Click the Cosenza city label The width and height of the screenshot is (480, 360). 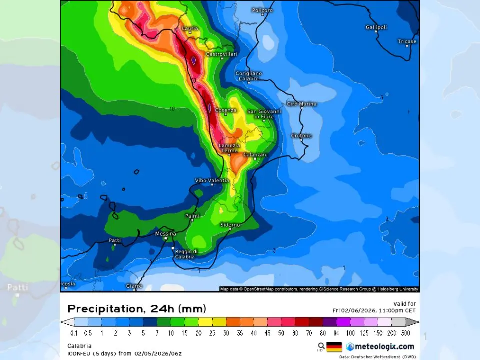[x=225, y=110]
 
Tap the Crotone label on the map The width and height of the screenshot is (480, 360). [x=301, y=135]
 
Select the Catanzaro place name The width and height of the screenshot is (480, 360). [x=255, y=155]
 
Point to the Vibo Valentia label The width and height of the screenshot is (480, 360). [x=212, y=180]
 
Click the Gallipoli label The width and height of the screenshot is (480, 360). [x=376, y=27]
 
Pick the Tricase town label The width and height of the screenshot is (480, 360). [x=407, y=41]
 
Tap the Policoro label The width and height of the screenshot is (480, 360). [x=262, y=10]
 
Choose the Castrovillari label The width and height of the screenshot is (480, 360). [x=222, y=54]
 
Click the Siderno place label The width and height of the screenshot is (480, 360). [x=230, y=225]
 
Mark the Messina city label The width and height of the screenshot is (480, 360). [x=166, y=234]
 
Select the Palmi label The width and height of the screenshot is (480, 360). [x=192, y=216]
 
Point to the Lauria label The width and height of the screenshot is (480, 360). [x=190, y=29]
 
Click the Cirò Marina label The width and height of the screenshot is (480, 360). [x=302, y=104]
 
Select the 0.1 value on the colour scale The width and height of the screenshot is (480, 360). [x=74, y=333]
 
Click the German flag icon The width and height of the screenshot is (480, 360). [x=334, y=347]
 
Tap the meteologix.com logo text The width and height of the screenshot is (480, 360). [x=384, y=347]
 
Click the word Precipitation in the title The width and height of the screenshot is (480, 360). [x=104, y=309]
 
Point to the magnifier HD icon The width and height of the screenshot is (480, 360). [x=321, y=346]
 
